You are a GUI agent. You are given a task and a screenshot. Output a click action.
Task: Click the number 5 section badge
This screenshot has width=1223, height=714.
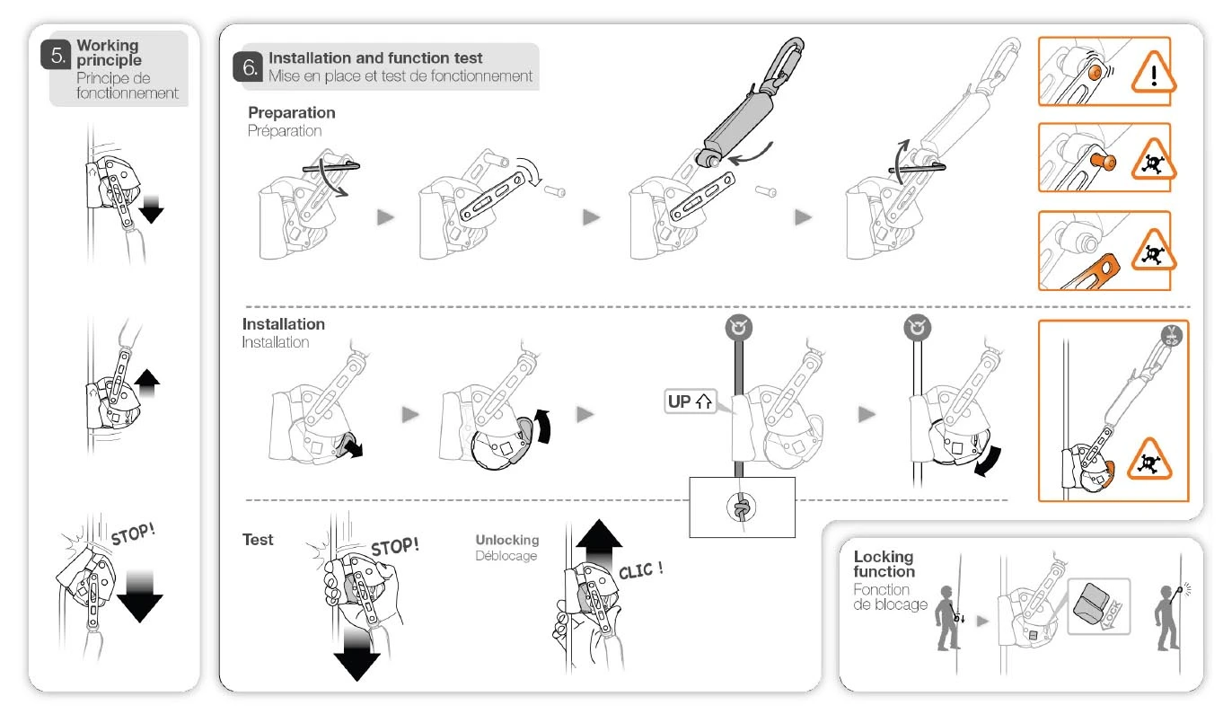coord(57,56)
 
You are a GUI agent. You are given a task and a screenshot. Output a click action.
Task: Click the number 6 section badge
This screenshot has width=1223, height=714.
coord(249,67)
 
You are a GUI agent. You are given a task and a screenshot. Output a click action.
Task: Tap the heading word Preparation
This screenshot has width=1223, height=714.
coord(292,113)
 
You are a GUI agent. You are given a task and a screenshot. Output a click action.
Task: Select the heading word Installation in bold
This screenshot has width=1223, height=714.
coord(284,324)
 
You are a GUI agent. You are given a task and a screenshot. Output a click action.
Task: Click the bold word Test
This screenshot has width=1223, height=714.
coord(258,540)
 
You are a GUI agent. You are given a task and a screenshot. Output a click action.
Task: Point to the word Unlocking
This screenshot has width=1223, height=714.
coord(507,540)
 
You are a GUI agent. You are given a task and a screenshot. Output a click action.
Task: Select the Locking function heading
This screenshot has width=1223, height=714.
coord(884,564)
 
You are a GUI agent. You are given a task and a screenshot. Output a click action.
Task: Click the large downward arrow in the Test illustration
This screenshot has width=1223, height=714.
coord(357,653)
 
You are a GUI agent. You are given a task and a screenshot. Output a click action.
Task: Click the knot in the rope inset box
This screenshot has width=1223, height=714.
coord(741,509)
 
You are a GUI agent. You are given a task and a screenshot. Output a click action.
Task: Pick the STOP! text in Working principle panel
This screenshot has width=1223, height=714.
coord(133,533)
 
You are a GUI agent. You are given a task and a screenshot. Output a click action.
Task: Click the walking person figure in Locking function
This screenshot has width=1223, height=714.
coord(946,617)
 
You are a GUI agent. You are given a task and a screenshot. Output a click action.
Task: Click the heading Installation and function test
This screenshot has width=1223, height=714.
coord(375,58)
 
